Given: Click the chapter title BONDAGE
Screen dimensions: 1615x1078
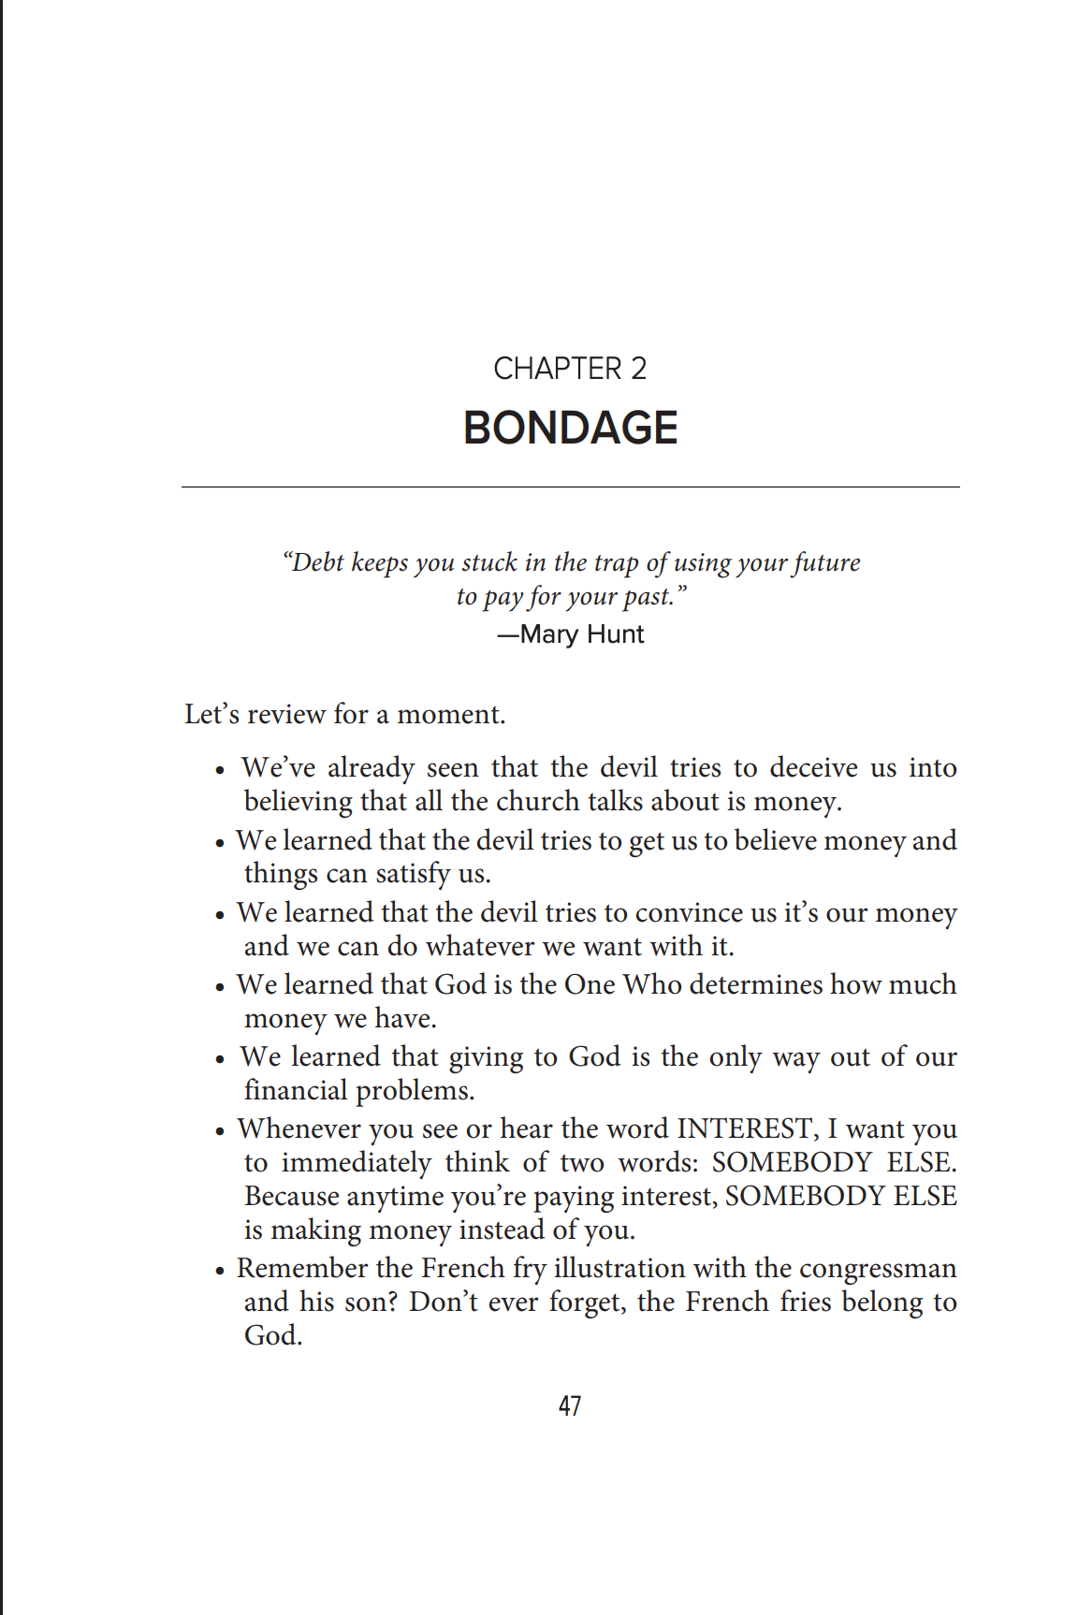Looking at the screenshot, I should tap(570, 429).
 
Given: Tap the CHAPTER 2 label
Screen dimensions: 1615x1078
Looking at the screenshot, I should tap(570, 369).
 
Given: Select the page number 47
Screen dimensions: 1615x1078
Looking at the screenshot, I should tap(570, 1406).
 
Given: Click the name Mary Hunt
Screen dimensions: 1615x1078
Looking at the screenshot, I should tap(581, 634).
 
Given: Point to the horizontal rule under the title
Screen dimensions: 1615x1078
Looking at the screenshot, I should tap(570, 487).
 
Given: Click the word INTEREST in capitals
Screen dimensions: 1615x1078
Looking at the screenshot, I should tap(746, 1128).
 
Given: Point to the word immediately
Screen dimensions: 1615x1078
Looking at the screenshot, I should tap(357, 1162).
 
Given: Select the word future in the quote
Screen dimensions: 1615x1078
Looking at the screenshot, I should tap(826, 562).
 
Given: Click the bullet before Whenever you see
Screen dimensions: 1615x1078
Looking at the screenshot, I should tap(220, 1131).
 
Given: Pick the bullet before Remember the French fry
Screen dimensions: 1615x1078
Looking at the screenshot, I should tap(220, 1271).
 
